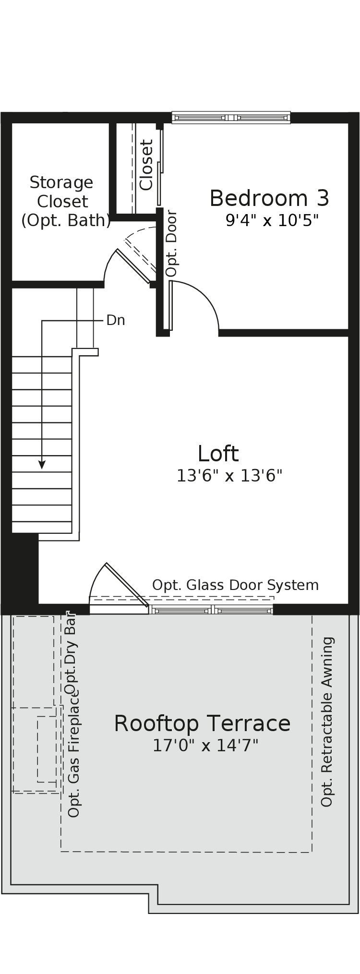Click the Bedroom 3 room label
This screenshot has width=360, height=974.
pos(269,199)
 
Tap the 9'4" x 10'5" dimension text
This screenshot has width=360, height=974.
pos(272,221)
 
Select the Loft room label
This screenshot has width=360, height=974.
pos(218,454)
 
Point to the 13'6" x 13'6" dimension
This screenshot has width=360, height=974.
pos(229,476)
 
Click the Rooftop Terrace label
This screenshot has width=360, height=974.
pos(202,724)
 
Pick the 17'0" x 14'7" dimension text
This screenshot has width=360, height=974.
pos(205,746)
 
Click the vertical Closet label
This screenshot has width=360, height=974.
pos(146,165)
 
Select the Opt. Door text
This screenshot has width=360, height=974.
pos(171,243)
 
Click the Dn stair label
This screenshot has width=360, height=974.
pos(116,320)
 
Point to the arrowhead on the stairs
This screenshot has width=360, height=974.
pos(42,465)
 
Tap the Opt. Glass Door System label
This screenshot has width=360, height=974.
pos(235,585)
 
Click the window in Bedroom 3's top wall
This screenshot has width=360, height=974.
pos(231,118)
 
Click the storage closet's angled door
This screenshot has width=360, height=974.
pos(133,265)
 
